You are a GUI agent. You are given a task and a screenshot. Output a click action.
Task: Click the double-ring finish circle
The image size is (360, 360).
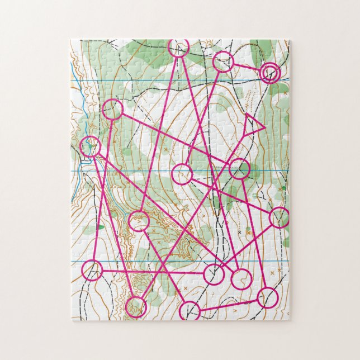tap(270, 73)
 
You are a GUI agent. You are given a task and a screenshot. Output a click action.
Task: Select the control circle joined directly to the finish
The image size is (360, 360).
tap(223, 61)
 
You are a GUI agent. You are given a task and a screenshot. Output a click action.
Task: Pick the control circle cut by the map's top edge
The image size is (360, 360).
tap(179, 48)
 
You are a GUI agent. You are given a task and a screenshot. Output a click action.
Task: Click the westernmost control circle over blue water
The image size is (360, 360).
tap(90, 146)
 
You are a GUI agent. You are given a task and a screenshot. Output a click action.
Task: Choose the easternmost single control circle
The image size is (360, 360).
tap(279, 217)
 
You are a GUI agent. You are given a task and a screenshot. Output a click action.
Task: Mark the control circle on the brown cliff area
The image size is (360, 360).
tap(139, 221)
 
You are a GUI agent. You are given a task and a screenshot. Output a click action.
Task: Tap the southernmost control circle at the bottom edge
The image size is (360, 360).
tap(190, 311)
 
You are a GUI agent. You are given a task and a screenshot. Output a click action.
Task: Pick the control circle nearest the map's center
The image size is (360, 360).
tap(182, 174)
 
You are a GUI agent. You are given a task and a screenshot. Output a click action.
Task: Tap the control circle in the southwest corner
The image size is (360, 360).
tap(92, 271)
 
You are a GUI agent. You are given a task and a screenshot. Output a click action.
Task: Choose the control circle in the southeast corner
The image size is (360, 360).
tap(269, 296)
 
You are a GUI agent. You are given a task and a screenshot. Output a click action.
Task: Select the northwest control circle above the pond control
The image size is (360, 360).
tap(112, 110)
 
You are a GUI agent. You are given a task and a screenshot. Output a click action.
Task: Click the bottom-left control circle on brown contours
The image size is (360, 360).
tap(136, 307)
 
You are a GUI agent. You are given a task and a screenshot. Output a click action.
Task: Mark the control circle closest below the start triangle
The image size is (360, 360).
tap(239, 168)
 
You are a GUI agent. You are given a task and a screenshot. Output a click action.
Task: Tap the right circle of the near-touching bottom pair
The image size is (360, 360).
tap(241, 278)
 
